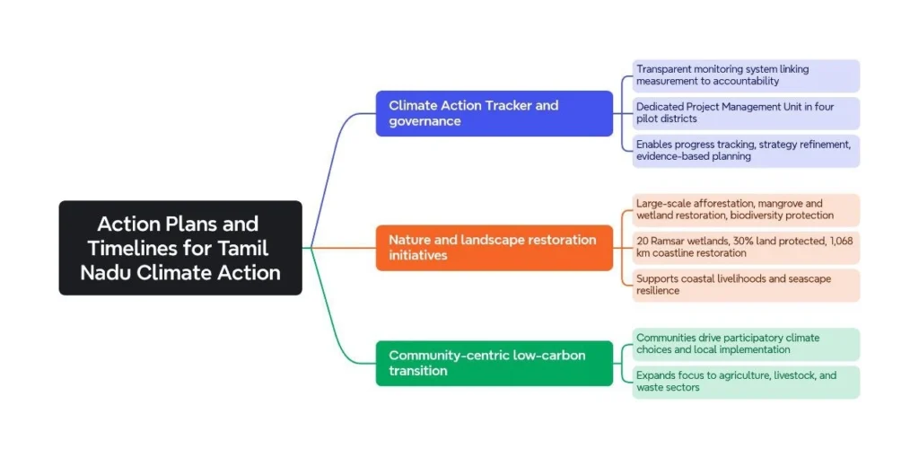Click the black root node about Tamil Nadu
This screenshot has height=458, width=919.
click(x=180, y=248)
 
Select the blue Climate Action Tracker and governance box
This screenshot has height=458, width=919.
click(x=494, y=113)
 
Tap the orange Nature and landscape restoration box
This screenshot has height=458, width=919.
click(x=494, y=248)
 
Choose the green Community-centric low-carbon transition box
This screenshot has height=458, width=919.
click(x=494, y=363)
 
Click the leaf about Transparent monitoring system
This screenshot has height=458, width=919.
click(x=745, y=75)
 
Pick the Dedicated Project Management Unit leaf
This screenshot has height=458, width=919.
click(x=745, y=113)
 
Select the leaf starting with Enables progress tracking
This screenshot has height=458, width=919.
click(x=745, y=151)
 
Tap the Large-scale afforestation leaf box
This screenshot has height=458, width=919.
click(x=745, y=209)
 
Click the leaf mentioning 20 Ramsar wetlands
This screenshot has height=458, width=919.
click(x=745, y=247)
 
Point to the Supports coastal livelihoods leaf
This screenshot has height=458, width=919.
click(x=745, y=285)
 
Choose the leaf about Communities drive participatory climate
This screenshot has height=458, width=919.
click(x=745, y=344)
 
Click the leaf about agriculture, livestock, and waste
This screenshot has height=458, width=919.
click(x=745, y=382)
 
